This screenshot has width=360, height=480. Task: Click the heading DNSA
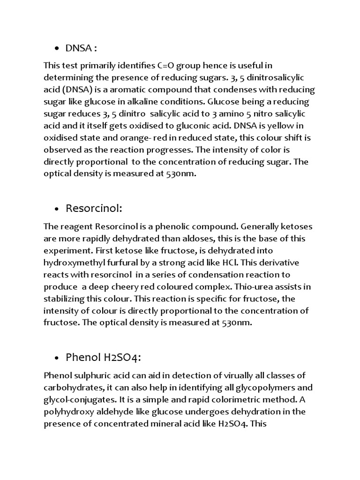point(81,48)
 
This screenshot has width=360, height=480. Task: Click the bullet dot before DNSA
point(57,48)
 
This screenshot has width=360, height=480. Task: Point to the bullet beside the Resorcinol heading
point(57,209)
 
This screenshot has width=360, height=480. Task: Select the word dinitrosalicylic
point(279,77)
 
